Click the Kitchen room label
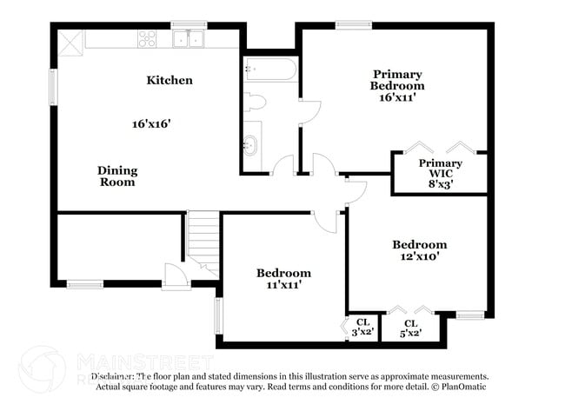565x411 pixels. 169,81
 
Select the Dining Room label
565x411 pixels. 116,176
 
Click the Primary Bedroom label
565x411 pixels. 396,86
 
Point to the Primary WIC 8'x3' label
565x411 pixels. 440,173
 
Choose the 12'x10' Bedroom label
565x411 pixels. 419,250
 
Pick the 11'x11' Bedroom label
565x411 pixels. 283,278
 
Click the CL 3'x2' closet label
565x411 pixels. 362,328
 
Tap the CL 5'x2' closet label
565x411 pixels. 410,328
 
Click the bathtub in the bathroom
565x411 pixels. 270,70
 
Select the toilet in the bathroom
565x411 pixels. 254,103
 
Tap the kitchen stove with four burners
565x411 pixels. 147,38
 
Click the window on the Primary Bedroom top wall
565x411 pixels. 349,24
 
